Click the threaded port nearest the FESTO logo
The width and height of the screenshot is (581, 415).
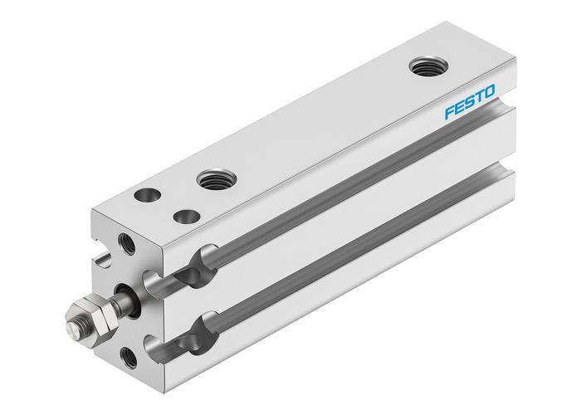(x=427, y=67)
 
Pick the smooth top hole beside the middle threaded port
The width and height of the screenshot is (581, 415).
(x=186, y=217)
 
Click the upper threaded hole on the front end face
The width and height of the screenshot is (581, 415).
(x=126, y=243)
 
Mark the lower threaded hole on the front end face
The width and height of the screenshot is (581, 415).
(x=129, y=358)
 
